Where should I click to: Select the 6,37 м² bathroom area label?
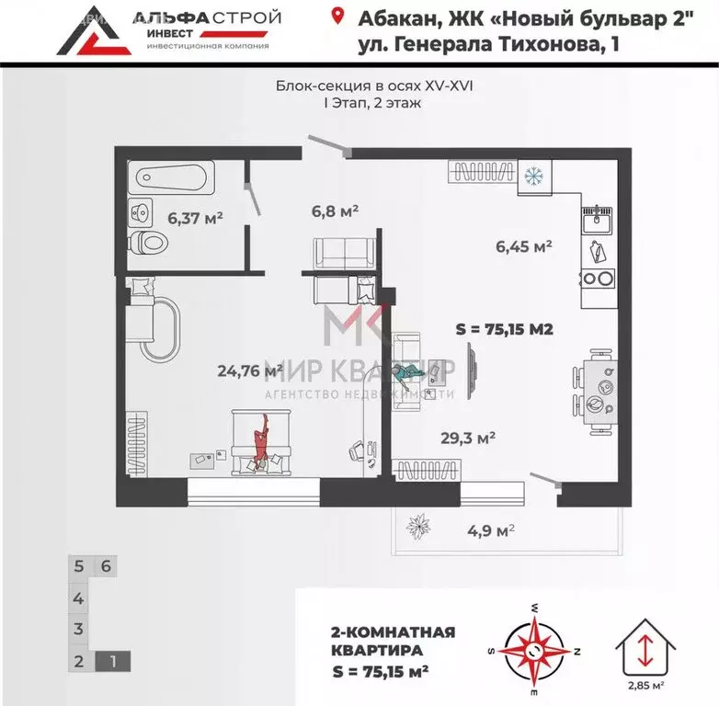pos(195,218)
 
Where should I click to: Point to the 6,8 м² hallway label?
pos(336,211)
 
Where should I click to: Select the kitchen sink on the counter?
pos(597,220)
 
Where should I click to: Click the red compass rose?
pos(535,647)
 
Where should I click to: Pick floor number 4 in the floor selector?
pos(80,598)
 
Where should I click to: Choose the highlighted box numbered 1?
pos(112,659)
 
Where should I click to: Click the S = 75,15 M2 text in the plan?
pos(504,329)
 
